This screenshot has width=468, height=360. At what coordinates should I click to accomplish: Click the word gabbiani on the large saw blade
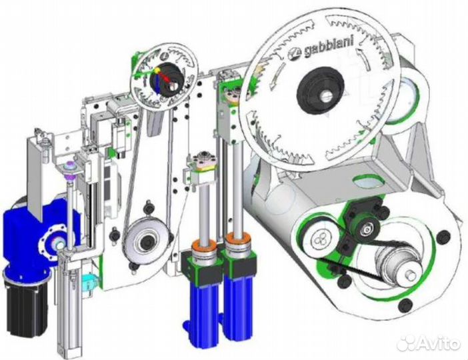[x=328, y=48]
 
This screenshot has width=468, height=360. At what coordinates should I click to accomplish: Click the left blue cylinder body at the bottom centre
[x=205, y=313]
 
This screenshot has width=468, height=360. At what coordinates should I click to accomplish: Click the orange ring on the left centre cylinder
[x=203, y=245]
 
